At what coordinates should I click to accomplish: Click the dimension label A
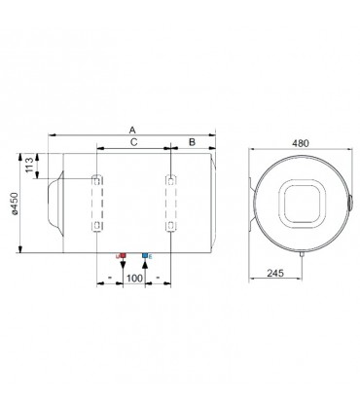point(132,130)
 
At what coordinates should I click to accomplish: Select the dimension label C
point(134,142)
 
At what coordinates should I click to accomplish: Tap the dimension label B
point(192,142)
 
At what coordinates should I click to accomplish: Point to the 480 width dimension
point(301,143)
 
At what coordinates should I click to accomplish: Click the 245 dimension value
point(275,273)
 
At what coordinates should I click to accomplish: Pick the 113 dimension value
point(29,165)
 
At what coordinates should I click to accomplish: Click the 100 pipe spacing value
point(134,279)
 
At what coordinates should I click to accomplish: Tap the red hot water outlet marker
point(123,255)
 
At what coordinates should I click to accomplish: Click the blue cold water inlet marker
point(145,255)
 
